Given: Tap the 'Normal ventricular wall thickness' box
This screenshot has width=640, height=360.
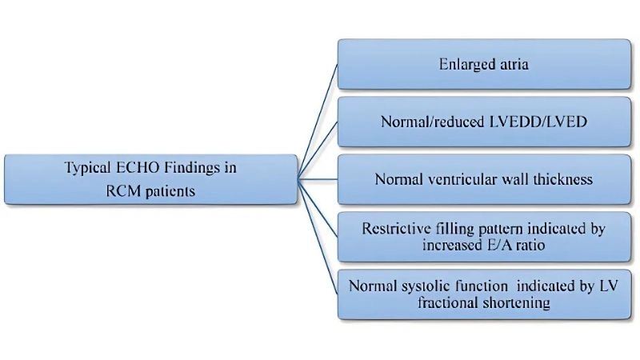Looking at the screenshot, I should (483, 179).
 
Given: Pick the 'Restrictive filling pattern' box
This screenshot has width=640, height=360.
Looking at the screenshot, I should (483, 237).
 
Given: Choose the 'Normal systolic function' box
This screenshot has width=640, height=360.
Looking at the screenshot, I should (483, 294).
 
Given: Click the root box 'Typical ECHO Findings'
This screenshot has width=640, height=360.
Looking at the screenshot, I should (150, 179).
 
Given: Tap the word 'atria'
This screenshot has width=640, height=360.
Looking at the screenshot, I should (511, 64).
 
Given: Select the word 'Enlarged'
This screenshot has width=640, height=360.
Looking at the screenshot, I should (467, 64).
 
